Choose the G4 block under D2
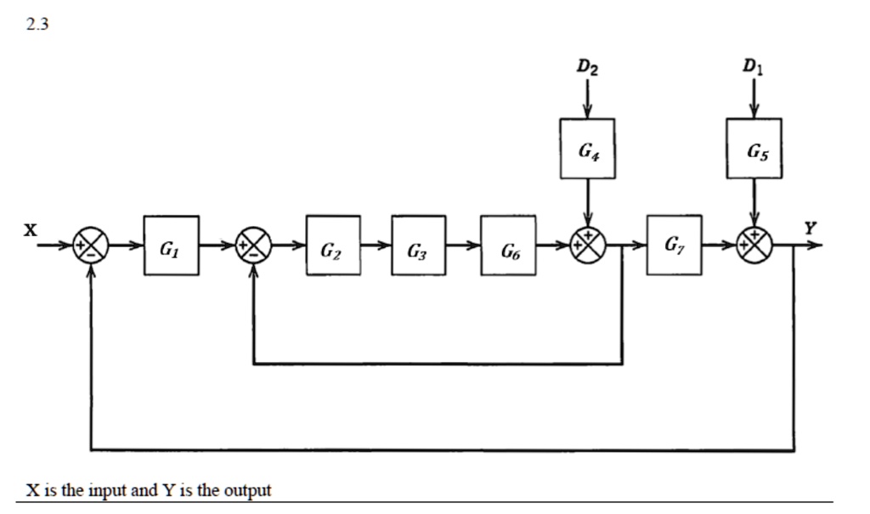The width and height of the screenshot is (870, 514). tap(587, 150)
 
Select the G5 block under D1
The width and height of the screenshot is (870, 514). tap(754, 150)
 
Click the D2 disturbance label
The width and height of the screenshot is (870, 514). tap(587, 67)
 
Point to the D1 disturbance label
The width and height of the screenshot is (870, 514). tap(752, 66)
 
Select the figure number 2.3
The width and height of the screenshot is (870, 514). tap(37, 25)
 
